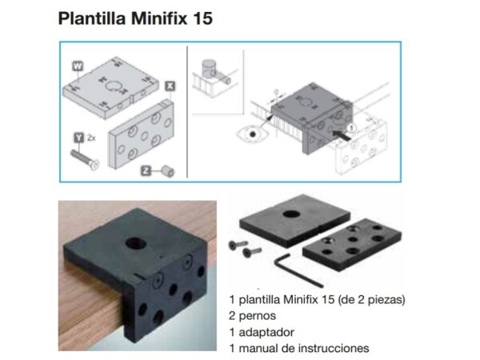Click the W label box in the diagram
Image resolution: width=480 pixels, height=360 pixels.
[x=78, y=66]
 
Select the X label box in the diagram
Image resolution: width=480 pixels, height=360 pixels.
[x=170, y=86]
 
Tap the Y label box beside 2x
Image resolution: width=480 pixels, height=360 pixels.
[x=79, y=138]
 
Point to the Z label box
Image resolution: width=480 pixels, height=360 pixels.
[x=146, y=170]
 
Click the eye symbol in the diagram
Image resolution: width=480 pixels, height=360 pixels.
[x=253, y=134]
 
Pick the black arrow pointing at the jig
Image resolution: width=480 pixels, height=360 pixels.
[x=342, y=135]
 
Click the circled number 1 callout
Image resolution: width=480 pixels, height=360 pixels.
[x=351, y=128]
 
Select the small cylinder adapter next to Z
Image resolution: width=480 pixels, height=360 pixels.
[x=168, y=171]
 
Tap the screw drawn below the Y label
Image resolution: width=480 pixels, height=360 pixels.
[x=85, y=159]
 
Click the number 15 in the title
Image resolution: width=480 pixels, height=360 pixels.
[x=202, y=18]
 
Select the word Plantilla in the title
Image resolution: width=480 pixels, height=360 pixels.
[x=92, y=18]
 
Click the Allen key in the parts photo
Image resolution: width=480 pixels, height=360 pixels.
[x=297, y=270]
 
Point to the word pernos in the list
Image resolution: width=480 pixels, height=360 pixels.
[x=258, y=316]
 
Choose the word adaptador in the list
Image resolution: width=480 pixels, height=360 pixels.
[x=266, y=332]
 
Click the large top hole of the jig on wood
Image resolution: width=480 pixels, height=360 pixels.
[x=136, y=243]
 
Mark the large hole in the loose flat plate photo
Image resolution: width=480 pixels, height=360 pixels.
[x=291, y=214]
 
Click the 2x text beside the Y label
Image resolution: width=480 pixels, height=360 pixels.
[x=91, y=138]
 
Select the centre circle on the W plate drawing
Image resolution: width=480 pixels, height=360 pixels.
[x=112, y=86]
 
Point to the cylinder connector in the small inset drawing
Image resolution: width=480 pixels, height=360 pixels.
[x=213, y=70]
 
